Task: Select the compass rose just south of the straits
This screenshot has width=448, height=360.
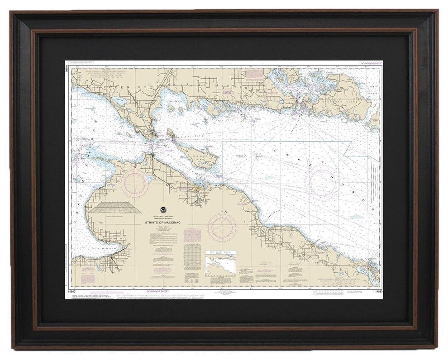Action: coord(135,180)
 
